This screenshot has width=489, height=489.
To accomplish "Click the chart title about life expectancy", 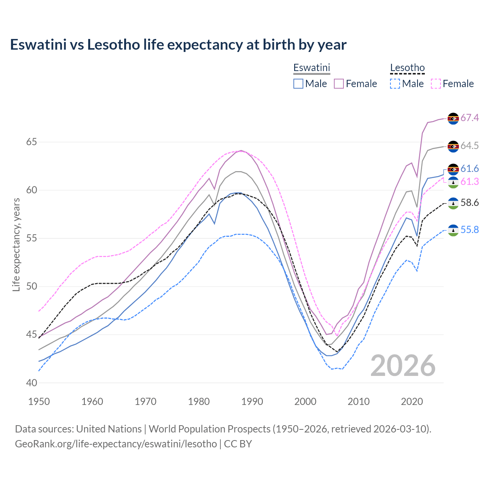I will click(178, 45).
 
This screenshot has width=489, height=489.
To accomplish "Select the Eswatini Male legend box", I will click(298, 84).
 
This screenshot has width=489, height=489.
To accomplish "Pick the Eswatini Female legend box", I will click(339, 84).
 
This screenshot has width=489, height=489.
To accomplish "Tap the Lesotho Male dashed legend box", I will click(395, 84).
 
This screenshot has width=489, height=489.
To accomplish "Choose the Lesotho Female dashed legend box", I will click(436, 84).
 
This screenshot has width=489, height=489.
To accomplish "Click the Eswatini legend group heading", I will click(311, 68).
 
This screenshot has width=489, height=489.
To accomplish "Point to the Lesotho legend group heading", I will click(407, 68).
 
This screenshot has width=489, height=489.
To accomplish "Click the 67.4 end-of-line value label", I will click(470, 118).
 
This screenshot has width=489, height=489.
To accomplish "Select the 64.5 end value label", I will click(470, 146).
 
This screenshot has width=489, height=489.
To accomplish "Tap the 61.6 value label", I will click(470, 169).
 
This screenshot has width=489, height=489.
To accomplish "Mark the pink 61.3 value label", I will click(470, 182).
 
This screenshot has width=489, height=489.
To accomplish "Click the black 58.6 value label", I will click(470, 203).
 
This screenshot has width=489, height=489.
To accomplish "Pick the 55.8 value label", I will click(470, 230).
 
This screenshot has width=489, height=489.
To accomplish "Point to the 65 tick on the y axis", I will click(31, 142).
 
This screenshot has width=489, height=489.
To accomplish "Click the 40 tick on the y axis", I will click(31, 383).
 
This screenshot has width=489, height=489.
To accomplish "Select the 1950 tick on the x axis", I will click(39, 402).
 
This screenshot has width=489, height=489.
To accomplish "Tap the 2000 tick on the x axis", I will click(305, 402).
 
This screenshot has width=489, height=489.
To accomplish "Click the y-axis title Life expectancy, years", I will click(16, 244).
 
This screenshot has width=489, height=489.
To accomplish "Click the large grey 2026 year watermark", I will click(403, 366).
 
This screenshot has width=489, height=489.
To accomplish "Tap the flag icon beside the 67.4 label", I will click(453, 118).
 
